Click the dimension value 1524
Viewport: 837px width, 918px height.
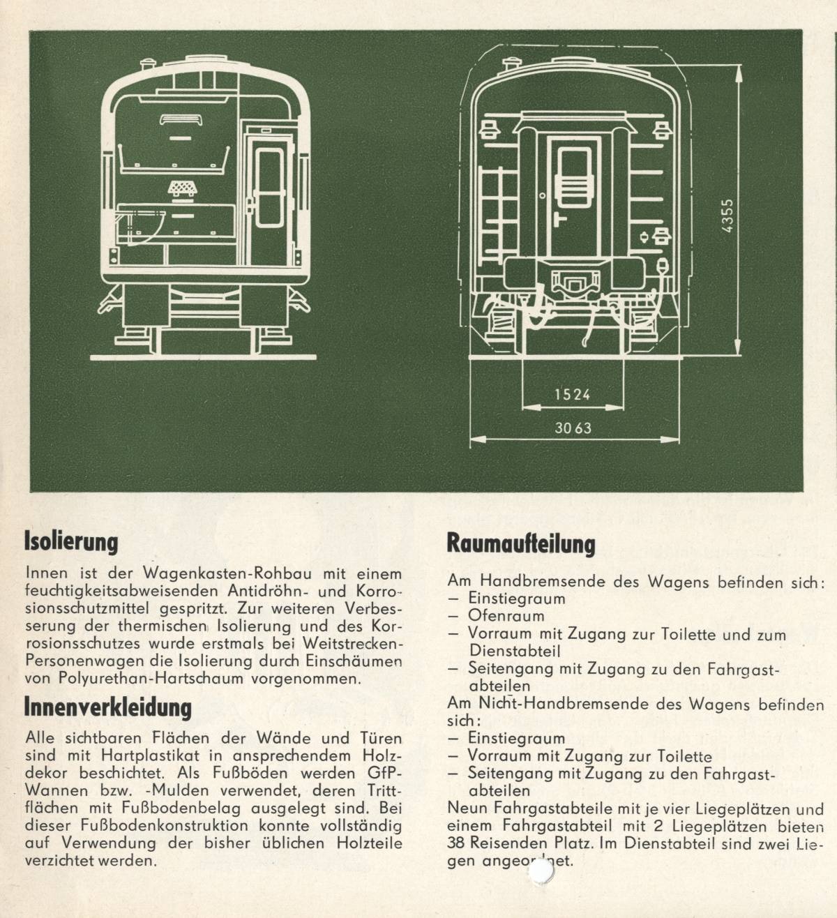coord(572,394)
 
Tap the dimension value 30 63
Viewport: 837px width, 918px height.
coord(573,428)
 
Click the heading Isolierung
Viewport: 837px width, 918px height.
coord(71,541)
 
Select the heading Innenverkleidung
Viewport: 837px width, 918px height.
coord(107,707)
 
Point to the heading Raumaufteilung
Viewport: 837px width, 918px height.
coord(521,544)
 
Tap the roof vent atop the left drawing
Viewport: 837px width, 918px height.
coord(148,66)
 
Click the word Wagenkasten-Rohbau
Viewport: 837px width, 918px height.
coord(205,574)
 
